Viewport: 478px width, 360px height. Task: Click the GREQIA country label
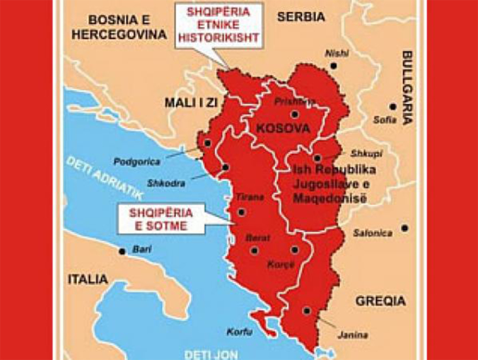pyautogui.click(x=380, y=300)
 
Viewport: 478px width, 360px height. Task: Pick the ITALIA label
pyautogui.click(x=88, y=280)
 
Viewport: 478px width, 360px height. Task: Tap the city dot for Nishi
pyautogui.click(x=334, y=66)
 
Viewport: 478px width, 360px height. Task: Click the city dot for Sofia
pyautogui.click(x=392, y=107)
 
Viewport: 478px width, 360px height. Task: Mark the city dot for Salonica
pyautogui.click(x=404, y=228)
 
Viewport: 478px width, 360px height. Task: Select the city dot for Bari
pyautogui.click(x=122, y=251)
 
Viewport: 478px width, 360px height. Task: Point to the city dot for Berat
pyautogui.click(x=254, y=250)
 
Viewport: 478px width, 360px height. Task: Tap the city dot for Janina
pyautogui.click(x=307, y=311)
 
